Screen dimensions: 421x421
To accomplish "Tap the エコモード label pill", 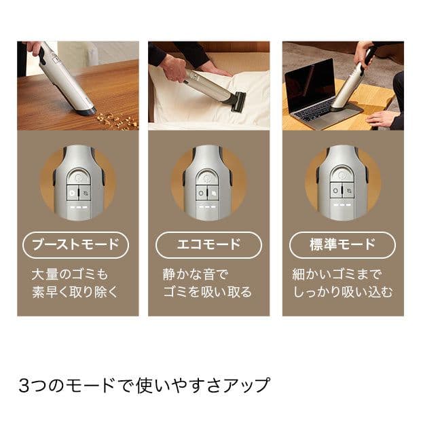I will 208,244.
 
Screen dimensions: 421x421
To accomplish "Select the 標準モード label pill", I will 342,244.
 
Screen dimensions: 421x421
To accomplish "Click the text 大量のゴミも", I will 70,275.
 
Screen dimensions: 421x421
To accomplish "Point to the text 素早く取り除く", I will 75,292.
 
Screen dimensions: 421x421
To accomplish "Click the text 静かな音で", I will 196,275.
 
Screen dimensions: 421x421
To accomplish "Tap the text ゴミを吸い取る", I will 207,292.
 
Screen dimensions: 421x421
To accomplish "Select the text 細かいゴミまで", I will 337,275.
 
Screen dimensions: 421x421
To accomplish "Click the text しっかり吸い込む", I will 343,292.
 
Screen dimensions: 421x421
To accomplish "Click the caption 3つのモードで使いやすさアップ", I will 144,385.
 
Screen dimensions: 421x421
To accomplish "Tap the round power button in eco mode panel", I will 208,177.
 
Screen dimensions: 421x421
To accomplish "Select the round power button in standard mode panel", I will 342,177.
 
